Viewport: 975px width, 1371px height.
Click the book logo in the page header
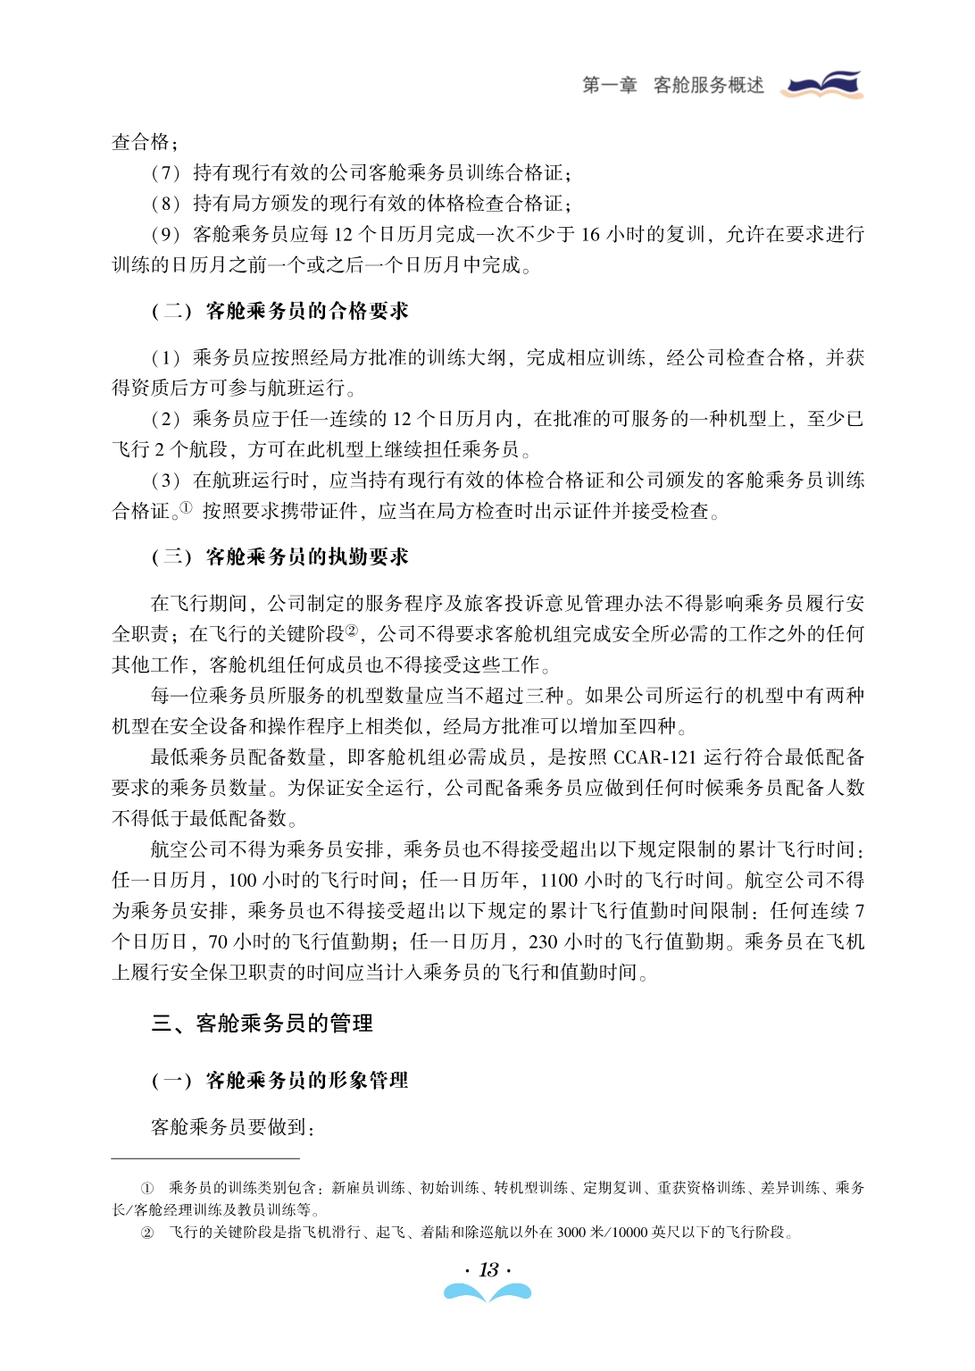[821, 85]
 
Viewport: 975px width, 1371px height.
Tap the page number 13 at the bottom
[488, 1269]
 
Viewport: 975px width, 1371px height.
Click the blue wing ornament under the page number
[487, 1292]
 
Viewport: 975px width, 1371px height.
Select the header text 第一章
[610, 86]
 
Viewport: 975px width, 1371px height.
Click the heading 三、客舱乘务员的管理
[262, 1023]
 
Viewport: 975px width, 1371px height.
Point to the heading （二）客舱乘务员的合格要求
[279, 311]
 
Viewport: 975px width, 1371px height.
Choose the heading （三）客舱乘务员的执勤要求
[279, 557]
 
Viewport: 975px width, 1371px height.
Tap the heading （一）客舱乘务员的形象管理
[279, 1081]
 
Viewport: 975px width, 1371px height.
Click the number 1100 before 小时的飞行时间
[560, 881]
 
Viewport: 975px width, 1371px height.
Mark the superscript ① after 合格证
[186, 507]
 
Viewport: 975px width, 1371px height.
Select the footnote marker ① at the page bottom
[147, 1188]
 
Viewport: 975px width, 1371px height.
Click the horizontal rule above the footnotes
[205, 1158]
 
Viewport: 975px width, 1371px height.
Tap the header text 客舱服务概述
[709, 86]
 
